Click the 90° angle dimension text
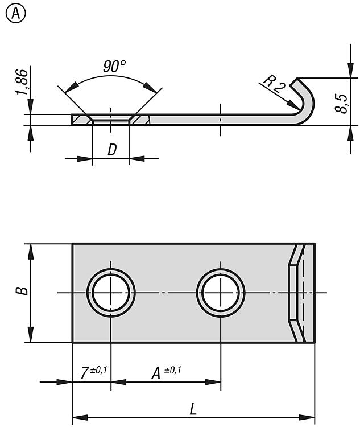[114, 67]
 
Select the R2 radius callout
[274, 84]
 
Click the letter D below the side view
[112, 150]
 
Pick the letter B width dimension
[21, 292]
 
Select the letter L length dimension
[194, 409]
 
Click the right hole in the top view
[221, 293]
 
